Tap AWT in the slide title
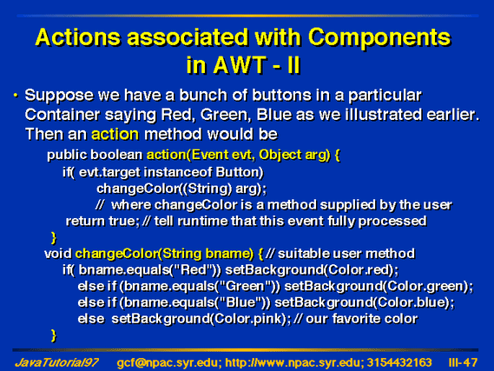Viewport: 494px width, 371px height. pos(239,65)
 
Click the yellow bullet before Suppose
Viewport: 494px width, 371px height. pos(16,96)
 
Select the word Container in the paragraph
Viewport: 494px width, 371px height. pos(62,115)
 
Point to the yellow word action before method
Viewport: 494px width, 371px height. pos(115,134)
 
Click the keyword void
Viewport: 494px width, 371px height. pos(58,254)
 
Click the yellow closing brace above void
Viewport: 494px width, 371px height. pos(54,237)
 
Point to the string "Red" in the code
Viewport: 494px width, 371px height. pos(194,269)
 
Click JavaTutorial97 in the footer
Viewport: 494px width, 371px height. pos(56,362)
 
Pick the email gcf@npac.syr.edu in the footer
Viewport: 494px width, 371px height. pos(168,363)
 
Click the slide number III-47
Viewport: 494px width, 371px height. pos(463,362)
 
